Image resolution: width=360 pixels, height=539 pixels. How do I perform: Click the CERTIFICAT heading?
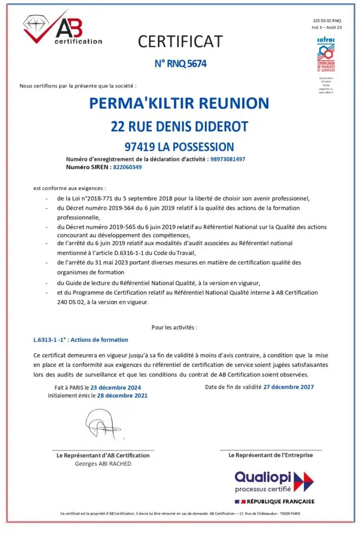[180, 41]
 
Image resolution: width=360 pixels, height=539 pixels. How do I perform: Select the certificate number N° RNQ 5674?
[180, 64]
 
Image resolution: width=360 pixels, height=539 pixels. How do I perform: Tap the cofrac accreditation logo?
[326, 54]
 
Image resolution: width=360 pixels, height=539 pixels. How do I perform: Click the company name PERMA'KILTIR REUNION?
[179, 103]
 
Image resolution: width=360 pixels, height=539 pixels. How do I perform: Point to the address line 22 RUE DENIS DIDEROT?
[179, 127]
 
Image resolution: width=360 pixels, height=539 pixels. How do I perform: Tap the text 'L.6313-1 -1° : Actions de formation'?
[81, 340]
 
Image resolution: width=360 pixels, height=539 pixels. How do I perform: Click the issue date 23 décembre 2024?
[115, 387]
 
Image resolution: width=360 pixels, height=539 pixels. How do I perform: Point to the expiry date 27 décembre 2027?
[288, 387]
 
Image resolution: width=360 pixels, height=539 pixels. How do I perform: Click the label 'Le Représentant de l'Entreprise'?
[270, 455]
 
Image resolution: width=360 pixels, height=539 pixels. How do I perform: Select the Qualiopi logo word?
[263, 477]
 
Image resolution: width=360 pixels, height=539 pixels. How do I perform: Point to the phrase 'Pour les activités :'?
[174, 327]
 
